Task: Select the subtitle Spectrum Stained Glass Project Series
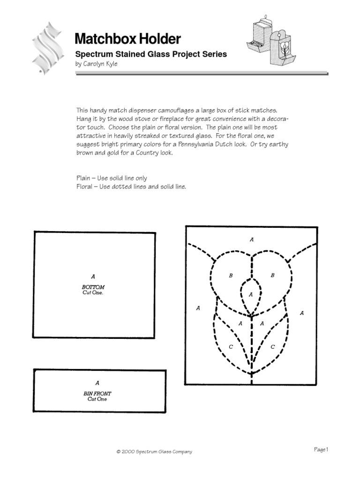coord(151,54)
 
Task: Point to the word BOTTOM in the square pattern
coord(93,287)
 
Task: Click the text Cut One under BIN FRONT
coord(97,399)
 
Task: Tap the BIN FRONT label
coord(97,394)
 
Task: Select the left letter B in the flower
coord(231,276)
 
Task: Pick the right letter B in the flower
coord(272,276)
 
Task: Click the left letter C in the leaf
coord(231,347)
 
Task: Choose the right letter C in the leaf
coord(272,347)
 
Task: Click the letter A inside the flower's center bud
coord(251,294)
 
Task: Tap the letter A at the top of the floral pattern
coord(252,240)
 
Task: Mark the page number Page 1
coord(321,450)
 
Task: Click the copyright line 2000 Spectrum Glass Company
coord(154,452)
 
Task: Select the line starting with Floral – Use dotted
coord(131,186)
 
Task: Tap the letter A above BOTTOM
coord(93,277)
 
